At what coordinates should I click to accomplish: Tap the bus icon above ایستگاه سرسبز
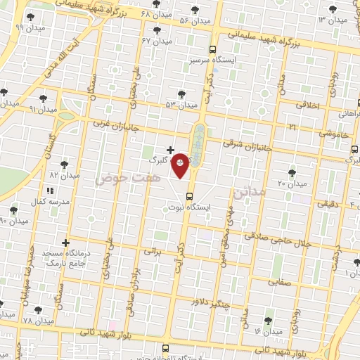point(213,49)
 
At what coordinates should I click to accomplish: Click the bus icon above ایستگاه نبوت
point(189,196)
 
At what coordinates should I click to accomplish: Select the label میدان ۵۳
point(181,105)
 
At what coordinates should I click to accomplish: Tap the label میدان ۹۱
point(41,109)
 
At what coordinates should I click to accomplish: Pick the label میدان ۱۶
point(268,330)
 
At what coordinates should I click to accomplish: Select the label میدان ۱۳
point(333,20)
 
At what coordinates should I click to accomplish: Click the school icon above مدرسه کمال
point(49,191)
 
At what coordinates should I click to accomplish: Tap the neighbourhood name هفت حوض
point(115,179)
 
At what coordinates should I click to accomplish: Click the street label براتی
point(153,250)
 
